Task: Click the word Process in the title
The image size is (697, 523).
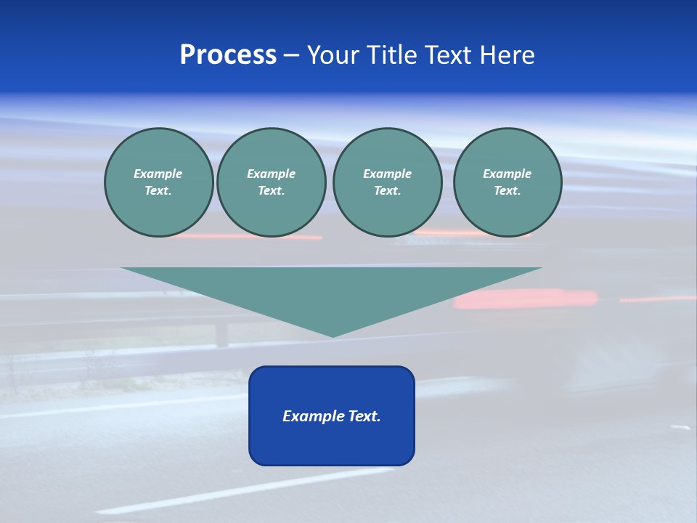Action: [228, 55]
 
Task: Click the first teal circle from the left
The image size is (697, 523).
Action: [158, 182]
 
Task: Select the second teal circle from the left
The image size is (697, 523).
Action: [271, 182]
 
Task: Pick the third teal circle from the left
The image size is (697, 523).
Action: [387, 182]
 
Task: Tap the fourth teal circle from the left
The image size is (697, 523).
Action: [508, 182]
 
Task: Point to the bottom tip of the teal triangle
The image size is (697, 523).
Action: [333, 335]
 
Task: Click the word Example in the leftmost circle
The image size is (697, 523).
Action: [158, 174]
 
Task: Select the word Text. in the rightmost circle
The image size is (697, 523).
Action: [508, 190]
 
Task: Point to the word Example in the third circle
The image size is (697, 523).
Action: [387, 174]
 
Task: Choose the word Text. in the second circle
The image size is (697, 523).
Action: [271, 190]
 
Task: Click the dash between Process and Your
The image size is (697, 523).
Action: [292, 55]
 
